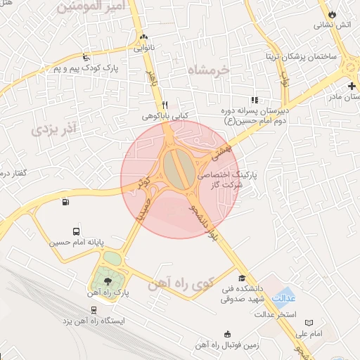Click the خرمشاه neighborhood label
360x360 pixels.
coord(209,70)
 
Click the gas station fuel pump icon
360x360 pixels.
coord(66,203)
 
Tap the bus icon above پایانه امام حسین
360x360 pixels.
coord(76,231)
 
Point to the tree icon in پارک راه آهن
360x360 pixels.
coord(107,281)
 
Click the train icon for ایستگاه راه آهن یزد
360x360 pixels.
coord(94,309)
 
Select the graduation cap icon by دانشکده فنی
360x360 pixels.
coord(242,278)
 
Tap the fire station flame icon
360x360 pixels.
coord(332,13)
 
